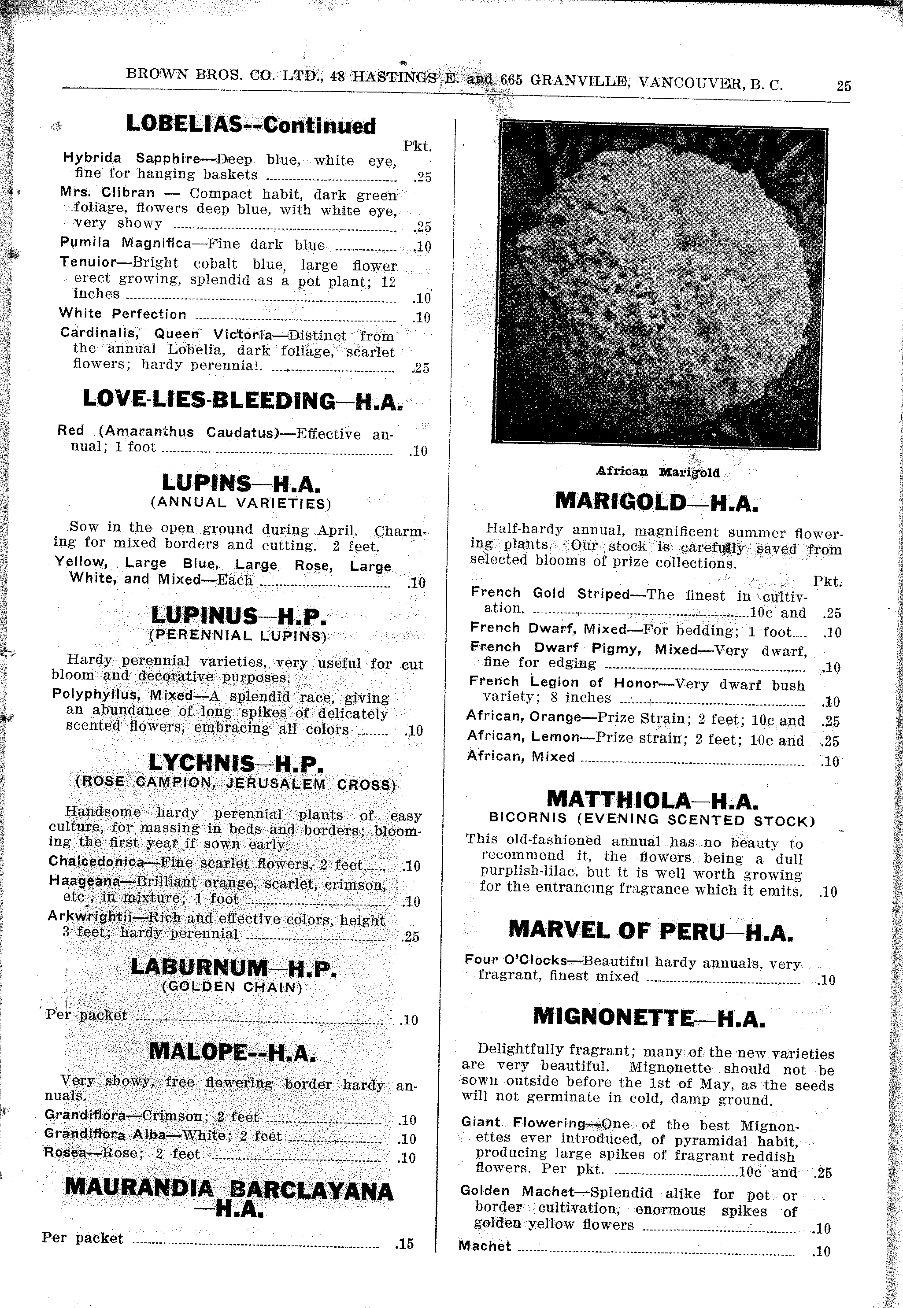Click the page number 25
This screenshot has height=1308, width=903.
pyautogui.click(x=843, y=86)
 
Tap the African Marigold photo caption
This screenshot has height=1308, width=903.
pyautogui.click(x=658, y=472)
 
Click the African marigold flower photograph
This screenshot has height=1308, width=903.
pyautogui.click(x=659, y=286)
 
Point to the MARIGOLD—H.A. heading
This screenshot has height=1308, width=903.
pyautogui.click(x=656, y=501)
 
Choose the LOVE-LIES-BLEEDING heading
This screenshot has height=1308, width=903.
pyautogui.click(x=242, y=400)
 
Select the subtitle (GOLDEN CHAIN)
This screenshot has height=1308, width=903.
pyautogui.click(x=232, y=987)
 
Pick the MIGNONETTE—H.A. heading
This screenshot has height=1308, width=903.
pyautogui.click(x=649, y=1017)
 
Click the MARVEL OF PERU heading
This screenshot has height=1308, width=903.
pyautogui.click(x=650, y=930)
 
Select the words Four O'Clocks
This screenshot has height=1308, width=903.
pyautogui.click(x=515, y=960)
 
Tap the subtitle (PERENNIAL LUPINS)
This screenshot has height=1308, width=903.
pyautogui.click(x=237, y=636)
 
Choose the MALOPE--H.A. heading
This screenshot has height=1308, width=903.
pyautogui.click(x=232, y=1052)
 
